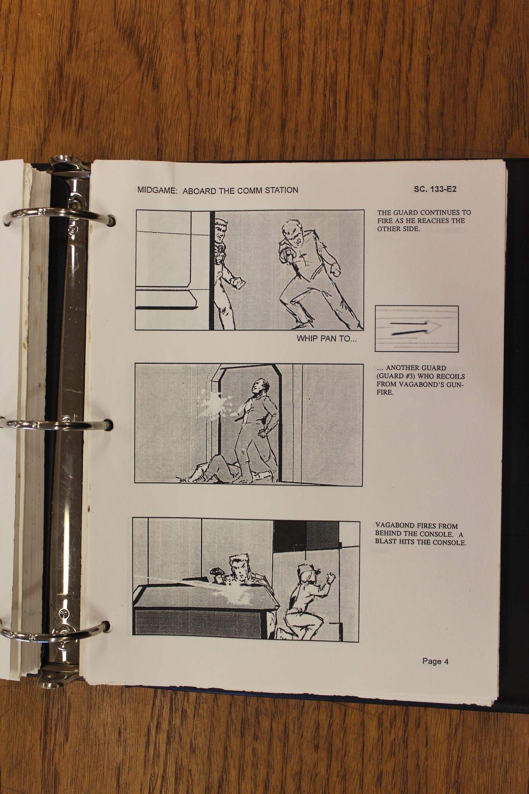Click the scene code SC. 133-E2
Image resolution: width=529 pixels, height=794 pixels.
[x=435, y=189]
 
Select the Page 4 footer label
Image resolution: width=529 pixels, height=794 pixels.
[x=435, y=661]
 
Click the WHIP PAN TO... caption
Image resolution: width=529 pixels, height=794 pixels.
[x=327, y=338]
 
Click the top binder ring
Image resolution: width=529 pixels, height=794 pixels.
[x=58, y=216]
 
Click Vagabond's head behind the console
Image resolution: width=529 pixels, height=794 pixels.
[x=237, y=568]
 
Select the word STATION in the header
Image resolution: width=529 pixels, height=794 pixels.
[x=281, y=190]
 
